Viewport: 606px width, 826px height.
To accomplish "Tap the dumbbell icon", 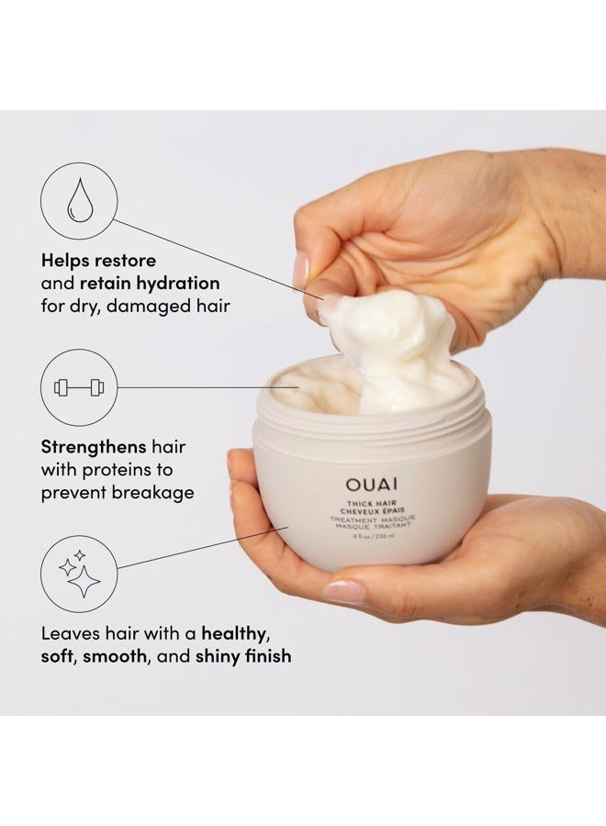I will (79, 387).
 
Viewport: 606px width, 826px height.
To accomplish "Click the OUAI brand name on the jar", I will (372, 484).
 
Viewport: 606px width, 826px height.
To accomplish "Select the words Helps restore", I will (98, 260).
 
